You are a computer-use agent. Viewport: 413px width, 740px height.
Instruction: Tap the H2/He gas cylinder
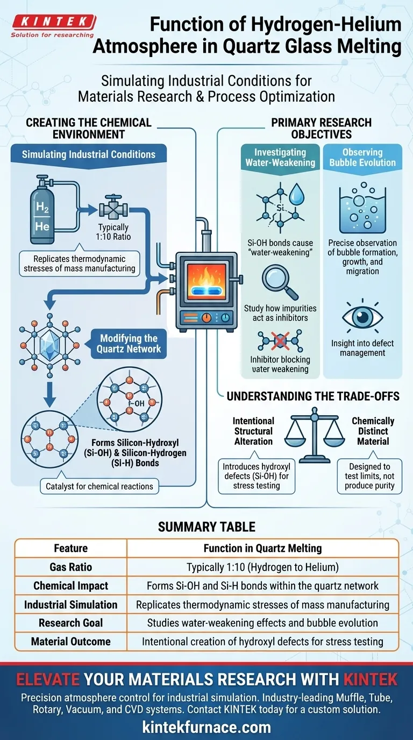coord(42,213)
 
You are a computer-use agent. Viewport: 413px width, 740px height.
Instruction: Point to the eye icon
coord(362,318)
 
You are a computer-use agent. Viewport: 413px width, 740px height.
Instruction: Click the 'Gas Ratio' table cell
coord(70,567)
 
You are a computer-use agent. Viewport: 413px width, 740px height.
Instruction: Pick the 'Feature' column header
coord(70,548)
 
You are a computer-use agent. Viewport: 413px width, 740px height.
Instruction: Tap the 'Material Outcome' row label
coord(70,641)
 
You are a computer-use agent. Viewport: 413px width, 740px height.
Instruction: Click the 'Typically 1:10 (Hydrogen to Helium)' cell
coord(262,567)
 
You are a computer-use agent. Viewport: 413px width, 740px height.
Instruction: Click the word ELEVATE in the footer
coord(50,679)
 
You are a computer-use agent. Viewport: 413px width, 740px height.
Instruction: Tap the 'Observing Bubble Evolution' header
coord(362,158)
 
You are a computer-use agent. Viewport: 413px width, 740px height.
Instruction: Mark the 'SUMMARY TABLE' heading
coord(206,527)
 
